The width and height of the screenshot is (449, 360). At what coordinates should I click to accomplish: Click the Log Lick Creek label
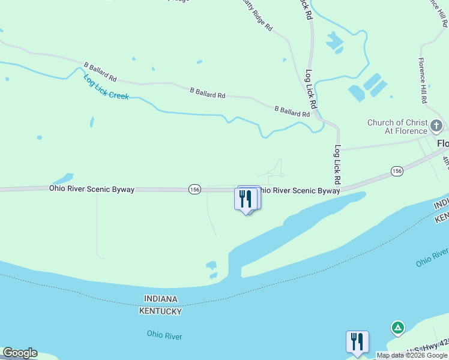pos(106,88)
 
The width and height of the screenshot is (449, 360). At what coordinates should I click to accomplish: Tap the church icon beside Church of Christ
pos(436,127)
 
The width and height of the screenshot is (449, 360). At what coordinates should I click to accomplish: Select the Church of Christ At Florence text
pos(397,127)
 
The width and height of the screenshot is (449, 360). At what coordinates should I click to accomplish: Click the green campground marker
pos(397,328)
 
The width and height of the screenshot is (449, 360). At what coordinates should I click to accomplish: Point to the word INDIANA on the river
pos(161,299)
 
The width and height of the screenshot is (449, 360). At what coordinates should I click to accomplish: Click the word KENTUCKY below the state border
pos(160,311)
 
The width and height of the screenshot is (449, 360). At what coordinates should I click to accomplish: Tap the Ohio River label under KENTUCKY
pos(164,336)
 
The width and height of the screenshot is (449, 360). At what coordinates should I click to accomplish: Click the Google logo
pos(20,353)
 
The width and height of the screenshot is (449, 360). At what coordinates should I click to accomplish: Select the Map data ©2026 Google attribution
pos(411,355)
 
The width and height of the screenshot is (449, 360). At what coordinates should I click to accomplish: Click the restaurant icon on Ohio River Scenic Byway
pos(246,198)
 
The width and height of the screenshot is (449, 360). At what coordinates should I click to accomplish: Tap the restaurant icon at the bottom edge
pos(357,341)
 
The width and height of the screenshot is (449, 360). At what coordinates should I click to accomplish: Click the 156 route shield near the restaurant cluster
pos(194,189)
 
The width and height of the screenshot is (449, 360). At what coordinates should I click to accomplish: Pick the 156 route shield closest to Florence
pos(396,171)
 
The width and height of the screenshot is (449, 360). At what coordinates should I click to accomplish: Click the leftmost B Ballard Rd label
pos(100,71)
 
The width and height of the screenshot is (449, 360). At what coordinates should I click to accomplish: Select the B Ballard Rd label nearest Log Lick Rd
pos(292,111)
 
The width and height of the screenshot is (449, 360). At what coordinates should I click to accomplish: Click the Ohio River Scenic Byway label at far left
pos(92,189)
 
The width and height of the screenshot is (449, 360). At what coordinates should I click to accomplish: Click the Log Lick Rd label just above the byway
pos(338,164)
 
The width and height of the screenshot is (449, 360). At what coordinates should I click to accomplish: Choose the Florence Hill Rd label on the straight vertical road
pos(423,81)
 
